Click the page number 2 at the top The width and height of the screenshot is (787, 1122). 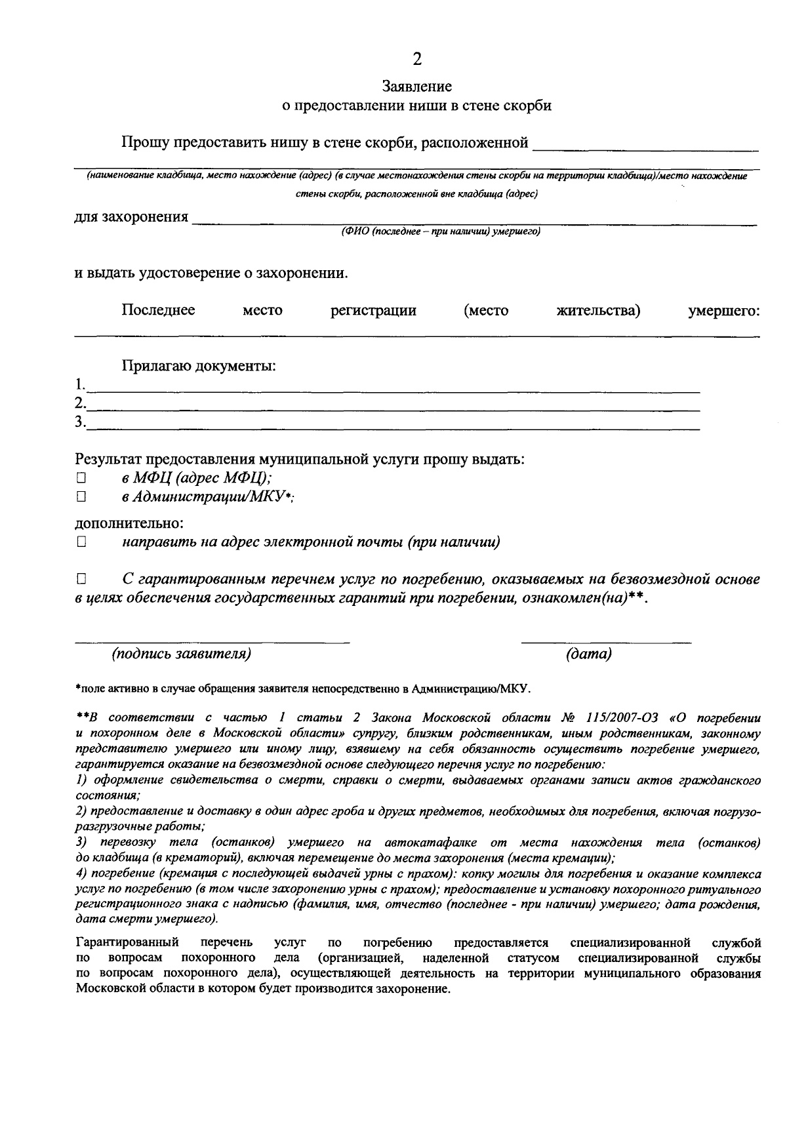416,60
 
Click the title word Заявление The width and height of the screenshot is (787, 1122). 417,87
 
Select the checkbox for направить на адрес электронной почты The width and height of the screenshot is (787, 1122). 81,542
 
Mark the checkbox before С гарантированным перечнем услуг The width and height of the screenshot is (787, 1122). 81,580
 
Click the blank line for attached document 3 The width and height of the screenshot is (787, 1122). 393,428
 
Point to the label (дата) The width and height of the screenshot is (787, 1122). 588,654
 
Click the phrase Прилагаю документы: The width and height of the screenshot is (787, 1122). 198,366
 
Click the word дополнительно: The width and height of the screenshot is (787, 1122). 129,523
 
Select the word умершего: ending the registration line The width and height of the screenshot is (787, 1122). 723,311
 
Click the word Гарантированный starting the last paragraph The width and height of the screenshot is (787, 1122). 127,943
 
